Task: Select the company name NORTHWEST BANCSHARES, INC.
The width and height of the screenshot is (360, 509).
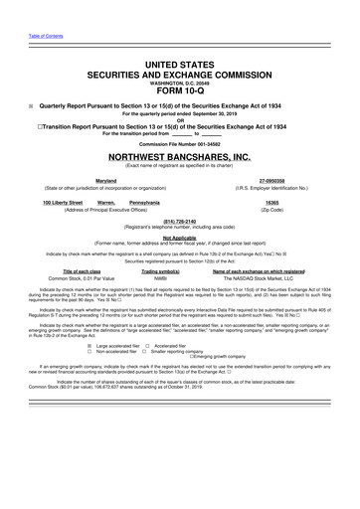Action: [179, 157]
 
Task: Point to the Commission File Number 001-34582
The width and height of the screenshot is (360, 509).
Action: [179, 144]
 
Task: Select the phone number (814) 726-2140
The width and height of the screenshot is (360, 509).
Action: [179, 223]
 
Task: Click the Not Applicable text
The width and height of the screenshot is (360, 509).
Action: [179, 238]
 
